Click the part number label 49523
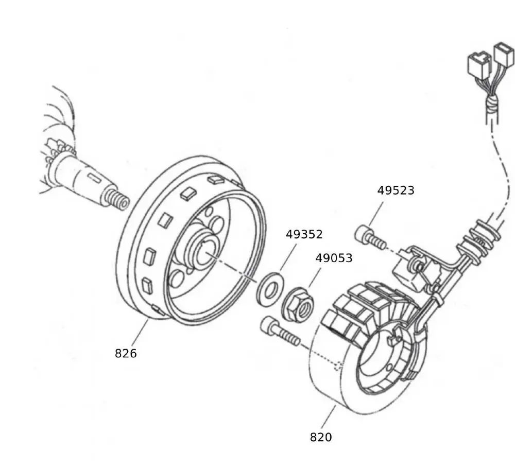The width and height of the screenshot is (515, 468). click(396, 190)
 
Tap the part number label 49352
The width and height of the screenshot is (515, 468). click(304, 235)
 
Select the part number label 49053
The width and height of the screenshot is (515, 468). click(334, 258)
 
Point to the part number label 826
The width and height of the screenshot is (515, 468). click(126, 353)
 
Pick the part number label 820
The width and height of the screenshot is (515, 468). click(321, 437)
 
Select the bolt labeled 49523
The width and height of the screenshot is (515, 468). click(368, 236)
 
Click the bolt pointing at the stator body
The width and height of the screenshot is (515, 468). click(280, 331)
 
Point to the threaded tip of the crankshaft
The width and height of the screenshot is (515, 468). click(117, 200)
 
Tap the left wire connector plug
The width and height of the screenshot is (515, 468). click(476, 63)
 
